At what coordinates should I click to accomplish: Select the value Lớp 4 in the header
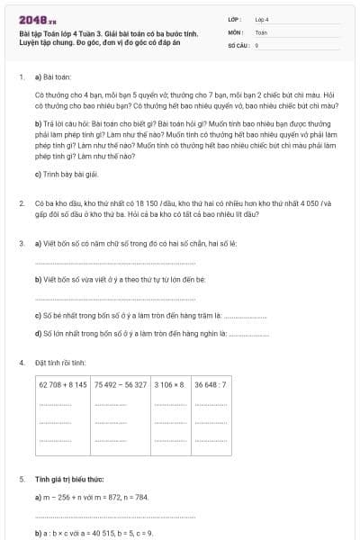coord(262,18)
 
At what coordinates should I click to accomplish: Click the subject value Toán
coord(261,31)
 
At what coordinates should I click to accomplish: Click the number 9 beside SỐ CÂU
coord(256,44)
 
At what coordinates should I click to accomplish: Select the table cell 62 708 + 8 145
coord(63,384)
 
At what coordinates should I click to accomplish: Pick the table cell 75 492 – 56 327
coord(120,384)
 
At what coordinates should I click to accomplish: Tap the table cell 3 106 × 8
coord(169,384)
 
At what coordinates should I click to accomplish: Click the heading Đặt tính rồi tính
coord(60,363)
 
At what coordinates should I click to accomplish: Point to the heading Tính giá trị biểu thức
coord(69,480)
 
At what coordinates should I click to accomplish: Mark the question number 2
coord(21,203)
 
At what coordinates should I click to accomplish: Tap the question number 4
coord(21,363)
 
